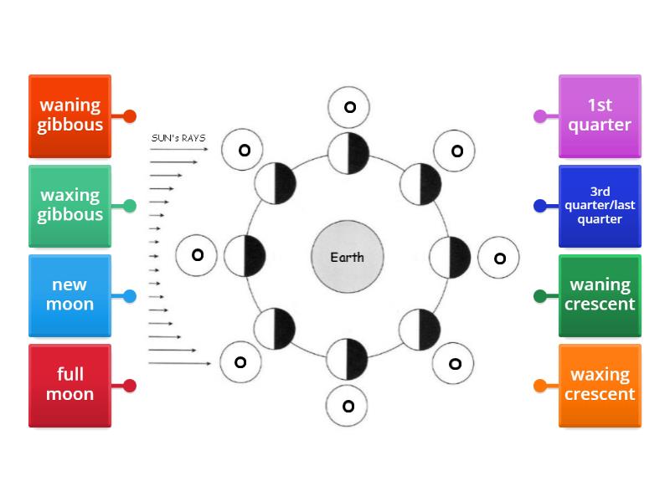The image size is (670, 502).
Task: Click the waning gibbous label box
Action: point(70,115)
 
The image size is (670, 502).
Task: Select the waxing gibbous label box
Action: point(70,205)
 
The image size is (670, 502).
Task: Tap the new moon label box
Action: point(70,295)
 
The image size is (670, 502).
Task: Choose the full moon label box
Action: point(70,385)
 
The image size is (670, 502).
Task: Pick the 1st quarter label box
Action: point(600,115)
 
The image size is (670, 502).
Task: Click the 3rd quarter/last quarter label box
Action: point(600,205)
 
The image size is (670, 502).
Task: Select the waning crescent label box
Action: point(600,295)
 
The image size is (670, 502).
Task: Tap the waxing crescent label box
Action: point(600,385)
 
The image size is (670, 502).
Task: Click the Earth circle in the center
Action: point(347,257)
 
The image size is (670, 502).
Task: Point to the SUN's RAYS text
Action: point(178,138)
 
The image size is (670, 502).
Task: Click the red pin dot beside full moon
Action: point(129,386)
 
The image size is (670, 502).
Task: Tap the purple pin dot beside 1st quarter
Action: point(540,116)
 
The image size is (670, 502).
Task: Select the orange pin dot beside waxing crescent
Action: point(540,386)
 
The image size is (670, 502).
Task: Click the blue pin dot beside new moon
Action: point(129,296)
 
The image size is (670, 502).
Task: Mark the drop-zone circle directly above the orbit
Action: point(349,107)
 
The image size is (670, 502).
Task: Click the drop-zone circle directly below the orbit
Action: point(348,407)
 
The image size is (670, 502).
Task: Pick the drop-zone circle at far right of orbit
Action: point(499,258)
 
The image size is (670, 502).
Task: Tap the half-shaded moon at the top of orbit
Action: point(348,153)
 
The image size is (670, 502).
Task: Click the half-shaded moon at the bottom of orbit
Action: point(348,360)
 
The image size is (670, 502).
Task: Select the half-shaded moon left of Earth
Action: point(245,256)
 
